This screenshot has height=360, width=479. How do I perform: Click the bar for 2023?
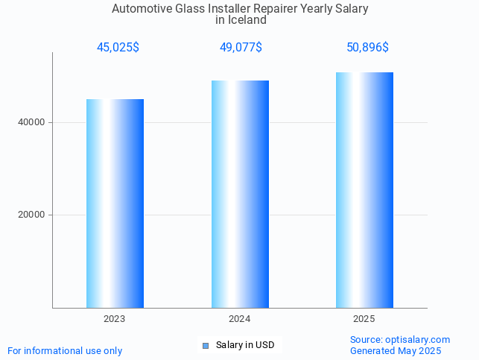pos(115,203)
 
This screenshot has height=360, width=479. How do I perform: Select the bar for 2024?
pos(240,194)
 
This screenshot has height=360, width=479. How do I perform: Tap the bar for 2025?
pos(364,189)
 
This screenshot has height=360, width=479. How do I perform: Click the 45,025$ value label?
pos(118,48)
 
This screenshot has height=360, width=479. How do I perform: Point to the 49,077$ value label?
pos(241,48)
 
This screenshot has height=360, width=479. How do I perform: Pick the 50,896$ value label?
pos(367,48)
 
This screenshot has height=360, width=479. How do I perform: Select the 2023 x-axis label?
pos(115,319)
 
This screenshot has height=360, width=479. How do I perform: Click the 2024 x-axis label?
pos(240,319)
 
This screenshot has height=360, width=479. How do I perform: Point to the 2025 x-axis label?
pos(364,319)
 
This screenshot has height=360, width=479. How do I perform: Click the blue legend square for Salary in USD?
pos(206,345)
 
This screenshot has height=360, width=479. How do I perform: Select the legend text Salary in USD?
pos(245,345)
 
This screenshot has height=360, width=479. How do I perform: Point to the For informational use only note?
pos(65,350)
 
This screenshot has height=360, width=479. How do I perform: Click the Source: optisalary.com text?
pos(400,339)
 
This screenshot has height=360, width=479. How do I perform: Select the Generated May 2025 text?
pos(396,350)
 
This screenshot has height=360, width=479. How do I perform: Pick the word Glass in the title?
pos(185,9)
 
